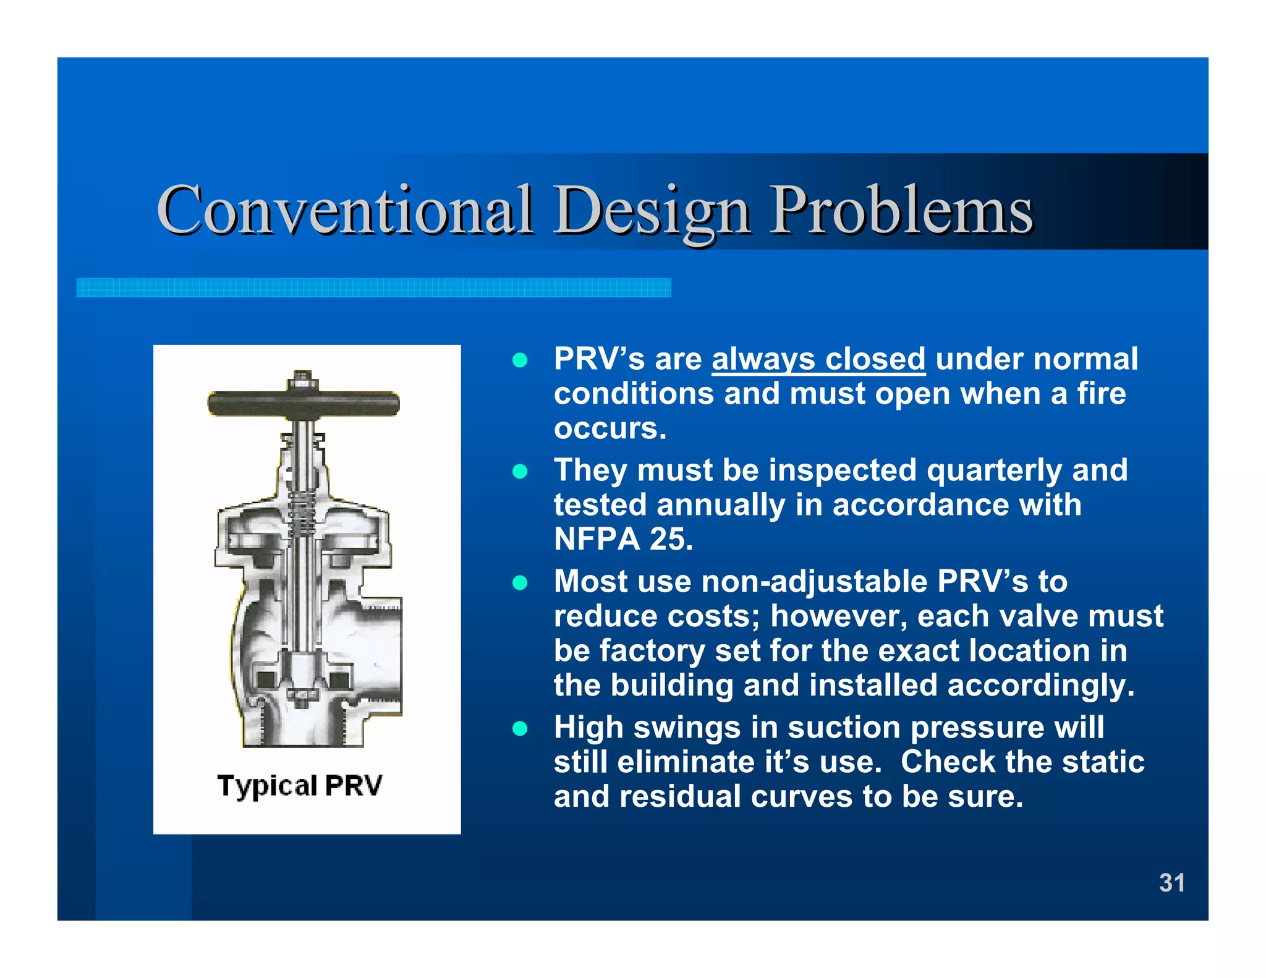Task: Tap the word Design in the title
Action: [x=652, y=211]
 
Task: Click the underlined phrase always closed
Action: [x=818, y=359]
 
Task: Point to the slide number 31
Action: [x=1171, y=883]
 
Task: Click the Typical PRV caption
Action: [x=300, y=786]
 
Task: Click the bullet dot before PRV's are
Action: [x=520, y=360]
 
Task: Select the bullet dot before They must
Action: [x=520, y=472]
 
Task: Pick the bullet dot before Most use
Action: [x=520, y=583]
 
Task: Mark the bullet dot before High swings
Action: [x=520, y=729]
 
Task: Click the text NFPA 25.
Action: [x=623, y=539]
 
